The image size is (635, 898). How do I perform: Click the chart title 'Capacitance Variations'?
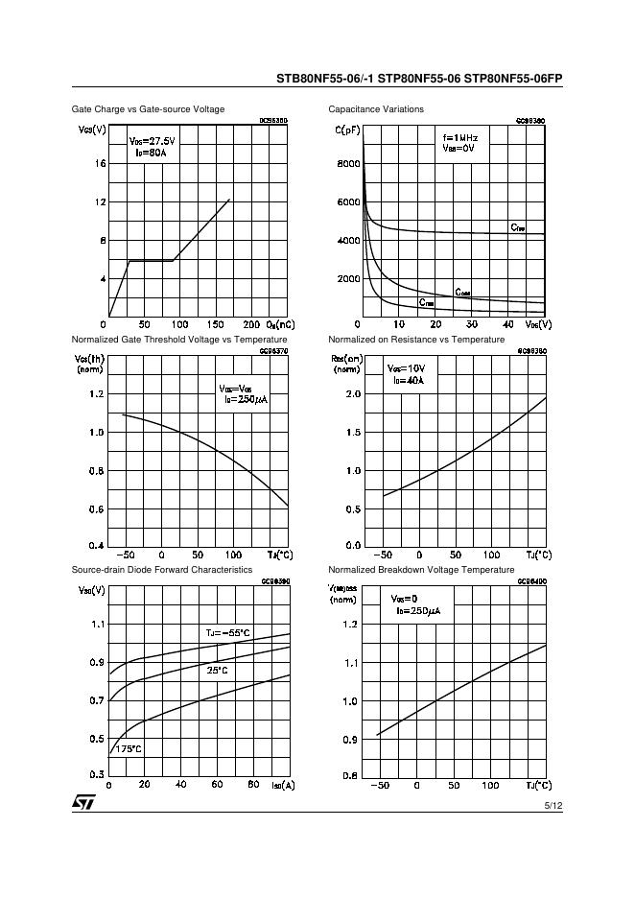(375, 109)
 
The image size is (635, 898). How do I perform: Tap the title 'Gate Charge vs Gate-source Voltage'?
(148, 109)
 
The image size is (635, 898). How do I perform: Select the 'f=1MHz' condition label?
(459, 138)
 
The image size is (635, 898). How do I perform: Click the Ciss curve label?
(517, 227)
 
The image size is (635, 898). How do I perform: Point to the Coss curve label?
(462, 292)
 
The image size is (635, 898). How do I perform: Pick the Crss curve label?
(426, 302)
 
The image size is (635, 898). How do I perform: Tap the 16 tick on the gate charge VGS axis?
(100, 164)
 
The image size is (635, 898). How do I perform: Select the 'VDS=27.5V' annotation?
(152, 141)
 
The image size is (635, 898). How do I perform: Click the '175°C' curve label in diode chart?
(129, 748)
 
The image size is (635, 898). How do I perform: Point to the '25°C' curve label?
(218, 671)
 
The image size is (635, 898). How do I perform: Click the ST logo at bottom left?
(82, 802)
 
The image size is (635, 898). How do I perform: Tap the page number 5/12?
(553, 806)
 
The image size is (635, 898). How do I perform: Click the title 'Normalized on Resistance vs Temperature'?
(415, 340)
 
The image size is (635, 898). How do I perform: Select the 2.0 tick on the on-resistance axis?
(352, 394)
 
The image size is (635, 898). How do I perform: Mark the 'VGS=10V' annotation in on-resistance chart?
(408, 368)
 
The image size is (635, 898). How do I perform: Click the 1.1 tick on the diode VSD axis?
(97, 625)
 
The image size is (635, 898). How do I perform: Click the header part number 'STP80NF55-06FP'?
(513, 79)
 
